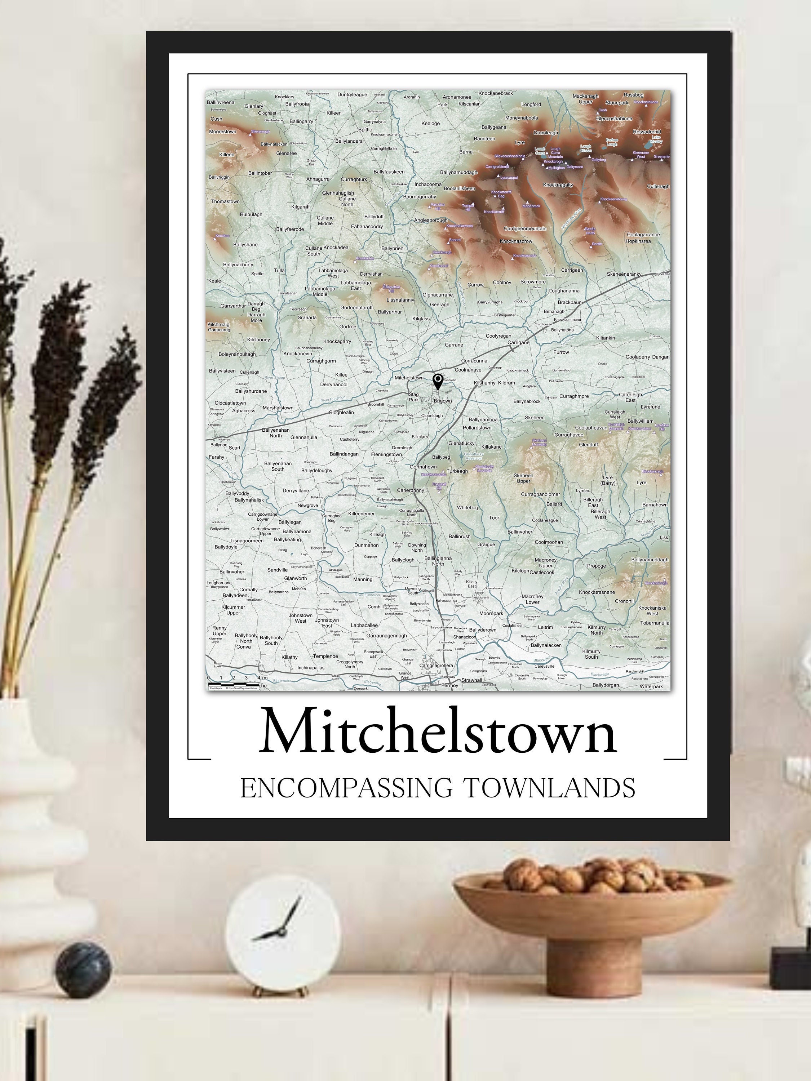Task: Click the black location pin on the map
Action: (x=438, y=382)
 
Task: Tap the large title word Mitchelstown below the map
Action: (x=438, y=731)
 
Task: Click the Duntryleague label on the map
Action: (x=352, y=95)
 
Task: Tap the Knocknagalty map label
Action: (x=558, y=185)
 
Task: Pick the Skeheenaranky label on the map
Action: (x=624, y=274)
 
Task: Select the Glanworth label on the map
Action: (x=295, y=578)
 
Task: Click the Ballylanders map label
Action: (x=349, y=141)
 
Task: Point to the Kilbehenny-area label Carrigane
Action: (x=518, y=343)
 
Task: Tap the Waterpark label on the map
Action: (x=651, y=687)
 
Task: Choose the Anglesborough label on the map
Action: (x=431, y=221)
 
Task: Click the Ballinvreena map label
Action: (x=221, y=103)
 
